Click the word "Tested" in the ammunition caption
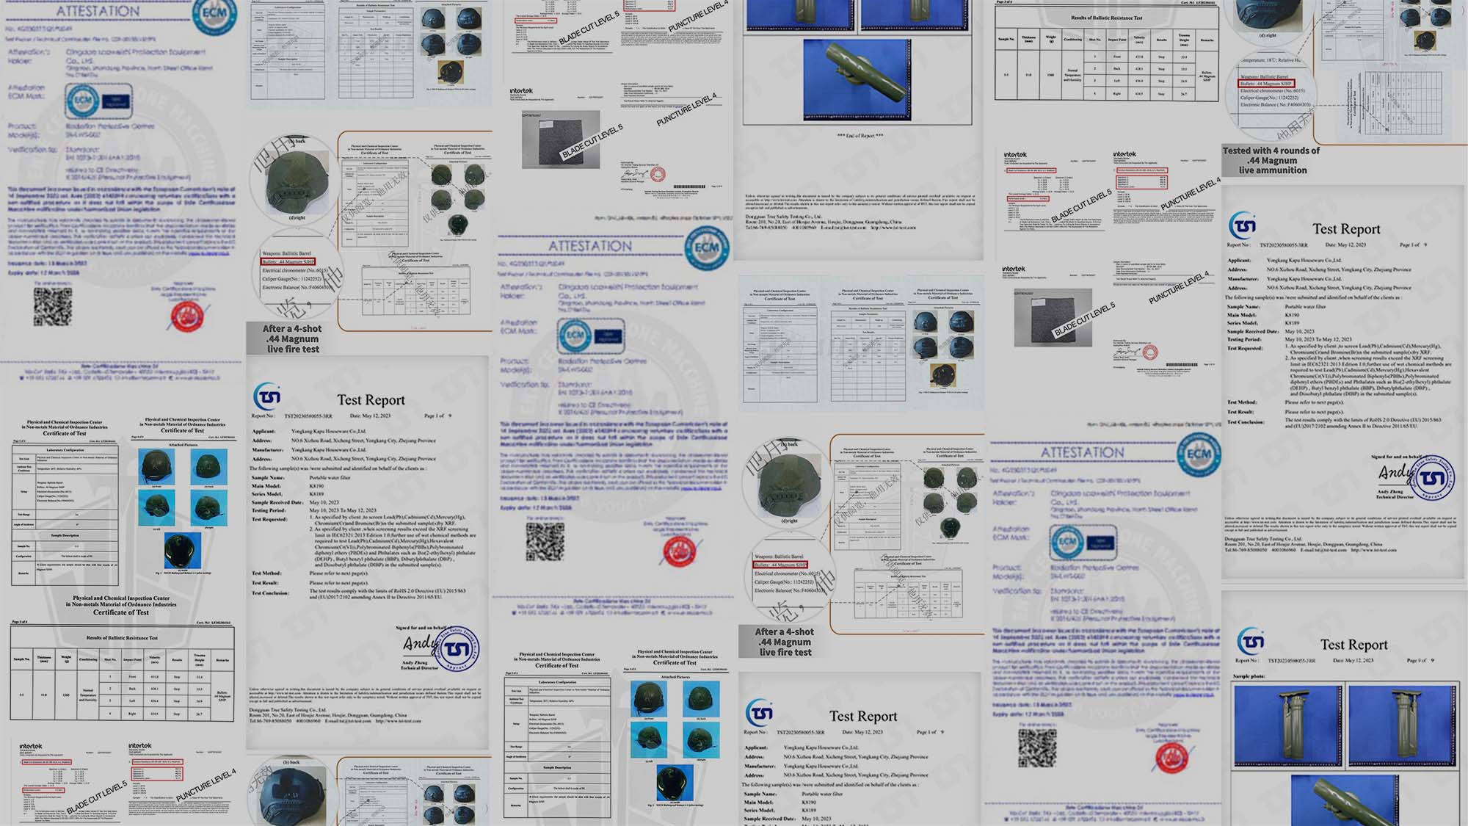(1237, 151)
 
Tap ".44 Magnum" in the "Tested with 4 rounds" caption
(1272, 161)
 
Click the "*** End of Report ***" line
(860, 136)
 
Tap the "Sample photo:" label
(1249, 676)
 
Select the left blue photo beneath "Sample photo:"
(1287, 722)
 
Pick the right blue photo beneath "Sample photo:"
(1401, 722)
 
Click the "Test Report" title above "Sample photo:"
(1353, 645)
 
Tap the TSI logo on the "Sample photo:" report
(1251, 642)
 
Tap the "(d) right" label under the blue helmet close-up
(1267, 35)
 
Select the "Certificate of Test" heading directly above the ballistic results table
(121, 612)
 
